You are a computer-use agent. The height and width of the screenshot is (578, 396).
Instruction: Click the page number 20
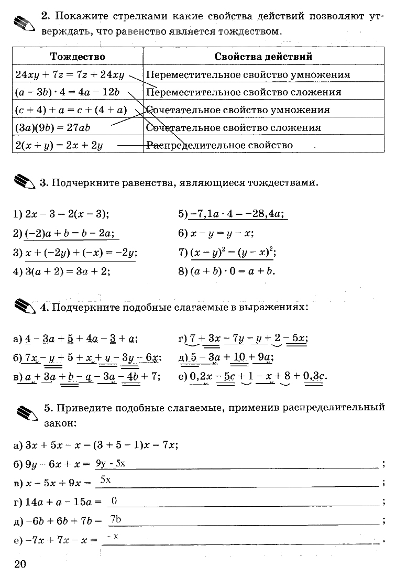[19, 564]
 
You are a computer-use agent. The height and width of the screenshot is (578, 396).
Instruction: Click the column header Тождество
[78, 57]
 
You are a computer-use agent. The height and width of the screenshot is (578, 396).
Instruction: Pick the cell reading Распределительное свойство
[219, 145]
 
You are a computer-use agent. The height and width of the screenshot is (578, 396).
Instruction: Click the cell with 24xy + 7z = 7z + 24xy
[70, 74]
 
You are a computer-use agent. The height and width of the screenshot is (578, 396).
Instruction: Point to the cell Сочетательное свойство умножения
[238, 110]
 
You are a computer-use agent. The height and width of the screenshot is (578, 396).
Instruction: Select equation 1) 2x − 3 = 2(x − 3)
[61, 214]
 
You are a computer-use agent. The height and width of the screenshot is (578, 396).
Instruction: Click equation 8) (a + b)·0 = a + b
[227, 271]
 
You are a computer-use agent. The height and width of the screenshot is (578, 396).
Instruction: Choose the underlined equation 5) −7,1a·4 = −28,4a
[232, 214]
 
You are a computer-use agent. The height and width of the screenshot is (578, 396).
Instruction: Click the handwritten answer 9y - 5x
[111, 463]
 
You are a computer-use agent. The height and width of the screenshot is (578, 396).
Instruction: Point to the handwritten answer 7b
[116, 519]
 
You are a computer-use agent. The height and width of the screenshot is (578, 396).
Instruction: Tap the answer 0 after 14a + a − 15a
[114, 501]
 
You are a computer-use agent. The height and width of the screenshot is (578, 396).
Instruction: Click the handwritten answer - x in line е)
[112, 537]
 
